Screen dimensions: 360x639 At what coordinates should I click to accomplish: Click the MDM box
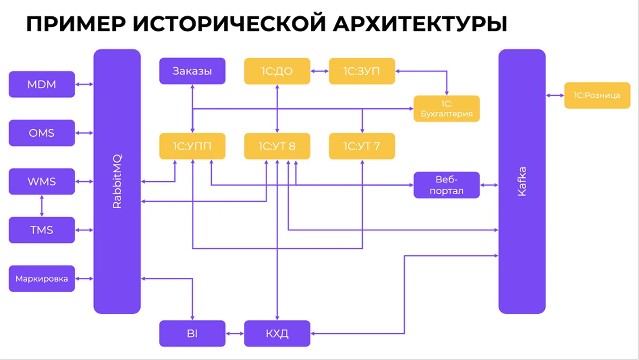point(42,84)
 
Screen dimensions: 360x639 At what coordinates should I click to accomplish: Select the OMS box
point(42,133)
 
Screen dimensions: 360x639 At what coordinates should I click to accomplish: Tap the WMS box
point(42,181)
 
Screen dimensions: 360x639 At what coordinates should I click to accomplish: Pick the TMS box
point(42,230)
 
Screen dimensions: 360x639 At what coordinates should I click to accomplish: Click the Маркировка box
point(42,279)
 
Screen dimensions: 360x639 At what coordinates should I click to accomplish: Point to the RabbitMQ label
point(117,181)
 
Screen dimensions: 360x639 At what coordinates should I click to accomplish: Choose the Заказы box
point(192,71)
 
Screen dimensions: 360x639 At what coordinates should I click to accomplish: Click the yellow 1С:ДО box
point(277,71)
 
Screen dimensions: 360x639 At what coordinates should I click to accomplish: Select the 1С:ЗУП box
point(362,71)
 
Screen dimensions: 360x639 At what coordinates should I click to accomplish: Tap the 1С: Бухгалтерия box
point(447,109)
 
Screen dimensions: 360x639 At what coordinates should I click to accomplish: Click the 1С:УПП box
point(192,146)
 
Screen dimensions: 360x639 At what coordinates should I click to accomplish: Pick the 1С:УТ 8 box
point(277,146)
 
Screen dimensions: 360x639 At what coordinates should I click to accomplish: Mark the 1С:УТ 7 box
point(362,146)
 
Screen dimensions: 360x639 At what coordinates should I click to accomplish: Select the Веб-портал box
point(447,185)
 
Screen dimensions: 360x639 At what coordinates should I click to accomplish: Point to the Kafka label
point(522,181)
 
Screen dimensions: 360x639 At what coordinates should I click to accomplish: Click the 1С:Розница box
point(597,95)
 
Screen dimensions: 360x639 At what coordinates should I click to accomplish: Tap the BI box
point(192,333)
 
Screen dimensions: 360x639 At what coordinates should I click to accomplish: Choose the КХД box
point(277,333)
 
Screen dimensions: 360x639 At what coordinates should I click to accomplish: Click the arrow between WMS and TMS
point(42,205)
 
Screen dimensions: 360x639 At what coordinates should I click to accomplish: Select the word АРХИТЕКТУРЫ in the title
point(420,24)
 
